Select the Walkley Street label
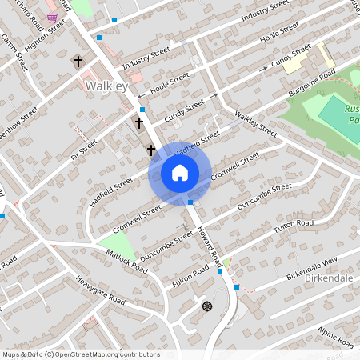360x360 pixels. click(255, 125)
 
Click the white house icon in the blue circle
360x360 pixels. click(180, 173)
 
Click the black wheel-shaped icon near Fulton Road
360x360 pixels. click(207, 306)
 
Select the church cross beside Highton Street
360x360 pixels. click(78, 61)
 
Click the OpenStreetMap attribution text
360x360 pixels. click(80, 354)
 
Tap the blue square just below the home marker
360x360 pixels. click(190, 202)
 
